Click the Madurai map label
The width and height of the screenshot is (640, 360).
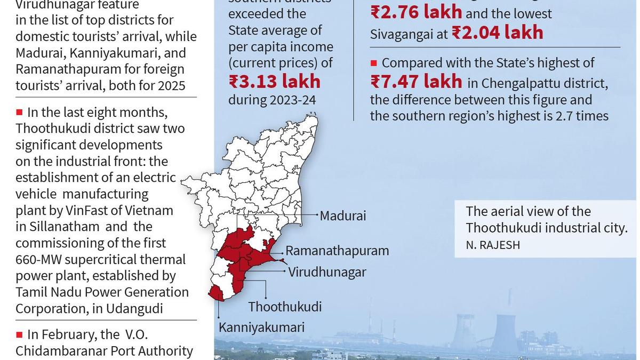tap(343, 216)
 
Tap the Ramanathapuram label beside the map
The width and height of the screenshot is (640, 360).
tap(337, 251)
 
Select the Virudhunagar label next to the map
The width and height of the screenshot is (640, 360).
tap(327, 272)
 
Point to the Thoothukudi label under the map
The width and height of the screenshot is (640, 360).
tap(285, 307)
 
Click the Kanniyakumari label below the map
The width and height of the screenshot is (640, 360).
tap(261, 327)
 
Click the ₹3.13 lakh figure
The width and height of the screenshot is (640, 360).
tap(275, 82)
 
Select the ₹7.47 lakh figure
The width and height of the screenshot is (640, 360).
tap(416, 82)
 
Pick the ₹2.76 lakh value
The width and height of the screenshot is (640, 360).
tap(416, 12)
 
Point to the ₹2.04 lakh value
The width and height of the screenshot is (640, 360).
tap(497, 33)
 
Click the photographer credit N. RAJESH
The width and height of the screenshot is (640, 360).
tap(493, 245)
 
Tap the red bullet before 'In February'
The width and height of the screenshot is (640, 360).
tap(19, 334)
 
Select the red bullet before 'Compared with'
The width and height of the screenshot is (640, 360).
tap(374, 63)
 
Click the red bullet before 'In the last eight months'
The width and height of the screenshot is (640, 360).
tap(19, 112)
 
